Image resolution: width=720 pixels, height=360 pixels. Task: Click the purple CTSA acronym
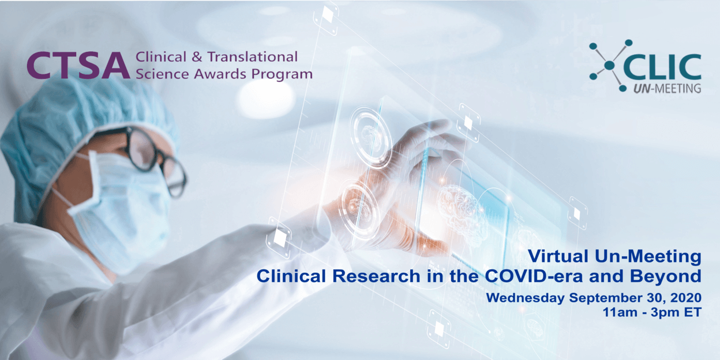point(78,66)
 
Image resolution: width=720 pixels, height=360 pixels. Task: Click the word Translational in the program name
point(252,57)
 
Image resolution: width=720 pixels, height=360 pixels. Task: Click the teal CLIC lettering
point(662,67)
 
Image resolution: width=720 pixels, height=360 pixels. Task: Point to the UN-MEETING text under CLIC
point(667,88)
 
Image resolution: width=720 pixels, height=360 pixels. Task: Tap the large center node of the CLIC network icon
point(609,65)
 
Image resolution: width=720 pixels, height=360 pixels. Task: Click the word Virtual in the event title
point(560,256)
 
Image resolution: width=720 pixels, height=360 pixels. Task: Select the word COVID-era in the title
point(534,276)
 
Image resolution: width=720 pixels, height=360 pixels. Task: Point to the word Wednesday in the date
point(525,298)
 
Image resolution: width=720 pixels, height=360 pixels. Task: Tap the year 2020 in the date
point(685,298)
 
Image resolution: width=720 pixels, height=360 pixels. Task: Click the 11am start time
point(620,312)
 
